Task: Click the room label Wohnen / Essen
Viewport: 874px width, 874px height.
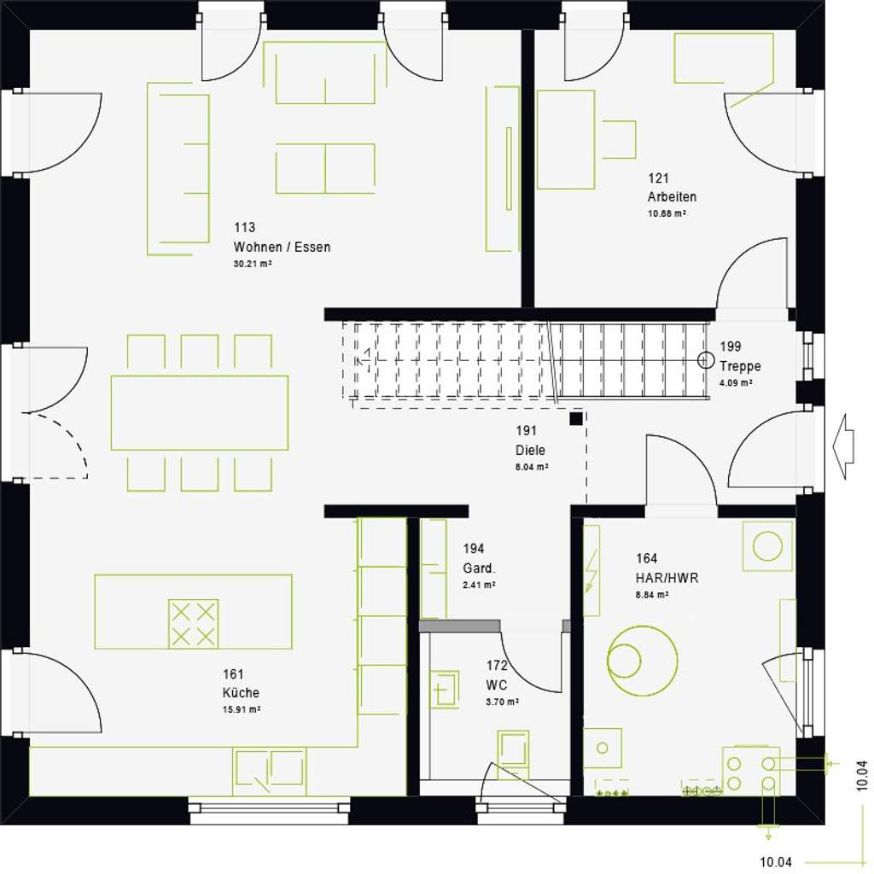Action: click(x=282, y=248)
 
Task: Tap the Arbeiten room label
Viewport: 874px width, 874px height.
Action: click(x=672, y=197)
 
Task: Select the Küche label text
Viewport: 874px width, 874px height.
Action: click(x=241, y=693)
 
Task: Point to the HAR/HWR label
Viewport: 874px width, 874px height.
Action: click(x=667, y=578)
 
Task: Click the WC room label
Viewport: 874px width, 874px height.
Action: click(x=497, y=685)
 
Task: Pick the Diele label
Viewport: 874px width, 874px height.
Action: click(x=530, y=451)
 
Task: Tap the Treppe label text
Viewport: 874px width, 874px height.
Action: click(x=740, y=367)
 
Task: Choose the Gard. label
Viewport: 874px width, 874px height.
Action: click(x=480, y=568)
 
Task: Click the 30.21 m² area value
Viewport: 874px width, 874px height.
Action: click(x=253, y=265)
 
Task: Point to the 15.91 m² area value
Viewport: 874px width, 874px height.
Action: click(x=241, y=709)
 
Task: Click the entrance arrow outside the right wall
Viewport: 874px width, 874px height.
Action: click(x=843, y=446)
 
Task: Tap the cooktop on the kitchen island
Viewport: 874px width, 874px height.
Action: click(x=194, y=623)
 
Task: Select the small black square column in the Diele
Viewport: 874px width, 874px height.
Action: click(x=577, y=418)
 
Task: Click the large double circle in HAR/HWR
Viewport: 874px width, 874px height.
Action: click(x=642, y=660)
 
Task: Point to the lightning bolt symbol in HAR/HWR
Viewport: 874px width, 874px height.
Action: click(x=590, y=569)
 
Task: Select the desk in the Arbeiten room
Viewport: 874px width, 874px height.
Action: click(x=566, y=139)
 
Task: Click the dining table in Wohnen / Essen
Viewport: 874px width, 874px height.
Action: click(x=200, y=412)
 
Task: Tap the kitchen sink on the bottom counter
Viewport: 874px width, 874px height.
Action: click(x=270, y=771)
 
